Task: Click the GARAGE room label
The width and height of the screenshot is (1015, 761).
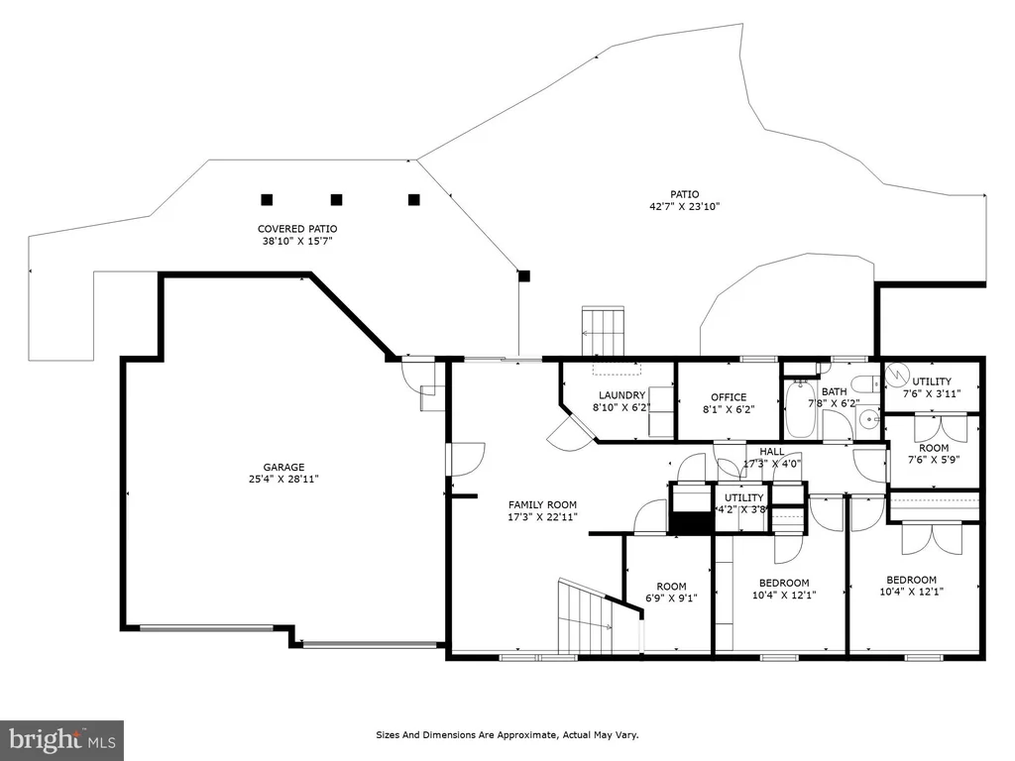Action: [x=283, y=468]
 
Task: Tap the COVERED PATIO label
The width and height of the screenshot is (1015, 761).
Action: [x=297, y=229]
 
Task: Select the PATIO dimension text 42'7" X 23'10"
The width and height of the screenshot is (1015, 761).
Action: [x=684, y=207]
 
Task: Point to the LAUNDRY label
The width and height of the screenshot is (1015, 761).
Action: [x=621, y=395]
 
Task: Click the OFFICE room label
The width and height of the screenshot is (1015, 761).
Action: [x=729, y=397]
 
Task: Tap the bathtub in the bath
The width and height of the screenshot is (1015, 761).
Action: [x=802, y=409]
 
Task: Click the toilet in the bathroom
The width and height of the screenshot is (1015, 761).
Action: [x=864, y=384]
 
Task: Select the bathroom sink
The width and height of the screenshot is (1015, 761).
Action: [x=868, y=420]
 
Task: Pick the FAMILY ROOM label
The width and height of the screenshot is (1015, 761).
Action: [x=542, y=504]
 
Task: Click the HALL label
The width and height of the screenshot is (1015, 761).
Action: [x=771, y=452]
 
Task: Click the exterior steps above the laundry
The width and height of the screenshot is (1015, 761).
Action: [x=603, y=331]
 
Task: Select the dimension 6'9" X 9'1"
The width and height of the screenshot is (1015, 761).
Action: [x=671, y=598]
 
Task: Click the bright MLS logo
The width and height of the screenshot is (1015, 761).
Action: [x=62, y=739]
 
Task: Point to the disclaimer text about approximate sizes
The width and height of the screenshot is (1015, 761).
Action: [x=507, y=735]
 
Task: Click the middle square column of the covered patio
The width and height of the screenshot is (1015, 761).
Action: [x=336, y=200]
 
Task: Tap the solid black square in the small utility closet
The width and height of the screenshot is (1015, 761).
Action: [x=690, y=522]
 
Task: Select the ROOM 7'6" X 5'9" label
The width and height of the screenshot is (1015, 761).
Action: [x=934, y=454]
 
